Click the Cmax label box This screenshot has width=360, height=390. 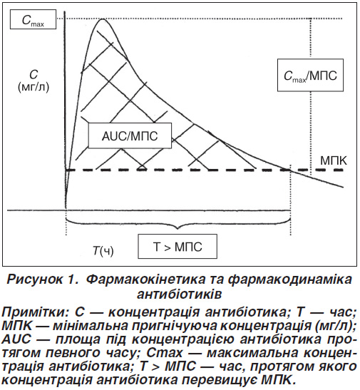pos(33,19)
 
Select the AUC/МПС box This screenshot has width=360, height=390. pos(130,135)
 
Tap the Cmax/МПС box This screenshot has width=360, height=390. pos(310,75)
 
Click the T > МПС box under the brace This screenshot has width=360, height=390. pos(178,246)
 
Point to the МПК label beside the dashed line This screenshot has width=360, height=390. pos(333,160)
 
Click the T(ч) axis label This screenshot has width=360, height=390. pos(103,251)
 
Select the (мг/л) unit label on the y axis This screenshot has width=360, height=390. pos(34,87)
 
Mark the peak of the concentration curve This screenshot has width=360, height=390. pos(102,19)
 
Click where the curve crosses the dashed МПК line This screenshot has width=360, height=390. pos(290,170)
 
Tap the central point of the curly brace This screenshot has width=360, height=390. pos(178,227)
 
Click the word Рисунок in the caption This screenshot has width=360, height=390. pos(35,279)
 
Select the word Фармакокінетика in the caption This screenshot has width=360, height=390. pos(146,279)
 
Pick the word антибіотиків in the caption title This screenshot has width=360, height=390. pos(179,294)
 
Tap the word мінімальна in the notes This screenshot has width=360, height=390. pos(90,326)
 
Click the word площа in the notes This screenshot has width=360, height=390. pos(80,340)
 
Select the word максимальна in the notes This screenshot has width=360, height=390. pos(252,353)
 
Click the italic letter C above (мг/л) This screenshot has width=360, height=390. pos(34,75)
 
